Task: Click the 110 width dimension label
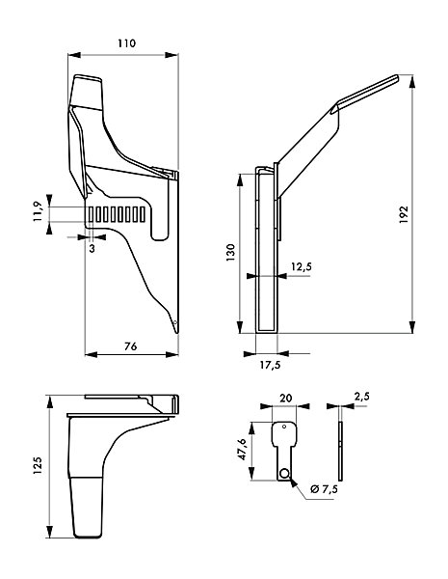[x=127, y=43]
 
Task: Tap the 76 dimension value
[x=130, y=346]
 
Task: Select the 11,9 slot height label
[x=39, y=212]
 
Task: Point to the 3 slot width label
[x=92, y=249]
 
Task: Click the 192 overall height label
[x=404, y=214]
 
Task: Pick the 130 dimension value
[x=230, y=253]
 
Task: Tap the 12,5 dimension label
[x=302, y=266]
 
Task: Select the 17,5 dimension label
[x=270, y=365]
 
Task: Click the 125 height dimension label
[x=38, y=466]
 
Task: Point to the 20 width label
[x=286, y=398]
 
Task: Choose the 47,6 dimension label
[x=242, y=450]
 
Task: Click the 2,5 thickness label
[x=361, y=397]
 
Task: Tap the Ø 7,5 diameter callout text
[x=324, y=489]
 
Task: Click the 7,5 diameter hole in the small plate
[x=284, y=473]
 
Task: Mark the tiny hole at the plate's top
[x=284, y=427]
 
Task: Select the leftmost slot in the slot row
[x=91, y=214]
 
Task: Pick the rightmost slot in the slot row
[x=143, y=214]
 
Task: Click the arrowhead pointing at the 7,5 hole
[x=294, y=482]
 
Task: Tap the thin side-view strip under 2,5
[x=340, y=451]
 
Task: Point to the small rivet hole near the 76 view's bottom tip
[x=175, y=322]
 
